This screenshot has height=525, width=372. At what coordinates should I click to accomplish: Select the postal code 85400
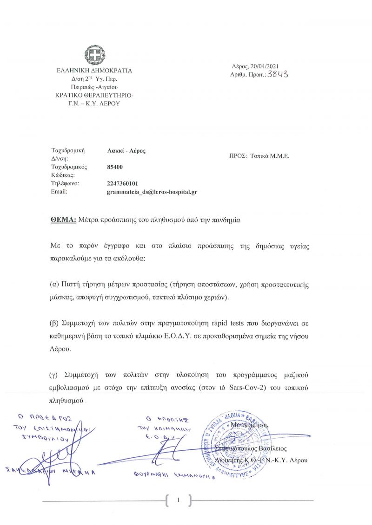point(115,167)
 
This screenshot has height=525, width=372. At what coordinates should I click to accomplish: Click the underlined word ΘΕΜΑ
point(63,220)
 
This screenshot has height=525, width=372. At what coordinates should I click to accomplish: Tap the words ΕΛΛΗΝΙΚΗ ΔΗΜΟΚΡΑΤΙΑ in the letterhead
point(94,71)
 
